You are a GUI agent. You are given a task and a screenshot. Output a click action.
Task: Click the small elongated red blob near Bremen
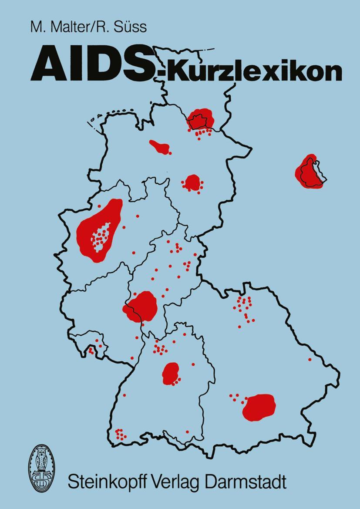[160, 147]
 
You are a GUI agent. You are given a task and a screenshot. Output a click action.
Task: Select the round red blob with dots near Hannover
[192, 182]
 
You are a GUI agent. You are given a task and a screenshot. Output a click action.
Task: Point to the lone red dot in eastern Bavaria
[310, 360]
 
